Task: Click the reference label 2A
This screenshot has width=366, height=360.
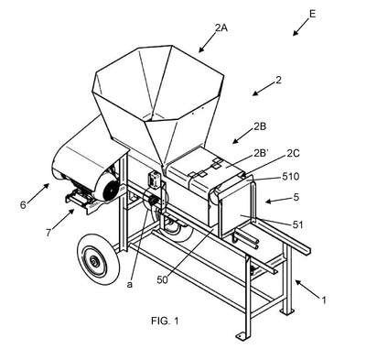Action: pyautogui.click(x=221, y=28)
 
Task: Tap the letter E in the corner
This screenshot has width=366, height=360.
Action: pyautogui.click(x=312, y=14)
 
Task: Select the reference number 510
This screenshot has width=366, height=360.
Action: pyautogui.click(x=291, y=177)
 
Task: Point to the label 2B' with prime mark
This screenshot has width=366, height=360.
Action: pyautogui.click(x=261, y=154)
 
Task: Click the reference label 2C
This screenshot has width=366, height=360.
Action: pyautogui.click(x=293, y=153)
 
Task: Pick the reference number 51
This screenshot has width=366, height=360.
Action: pyautogui.click(x=297, y=225)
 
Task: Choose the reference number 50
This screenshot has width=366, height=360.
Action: pyautogui.click(x=163, y=279)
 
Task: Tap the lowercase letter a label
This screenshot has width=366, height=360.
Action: pyautogui.click(x=130, y=285)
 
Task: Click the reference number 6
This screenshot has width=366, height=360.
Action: pyautogui.click(x=23, y=205)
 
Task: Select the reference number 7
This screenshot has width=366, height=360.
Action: pyautogui.click(x=48, y=233)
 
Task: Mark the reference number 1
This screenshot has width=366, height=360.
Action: pyautogui.click(x=324, y=300)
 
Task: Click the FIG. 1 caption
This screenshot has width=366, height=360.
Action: pyautogui.click(x=165, y=321)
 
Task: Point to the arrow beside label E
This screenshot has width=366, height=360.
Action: pyautogui.click(x=300, y=27)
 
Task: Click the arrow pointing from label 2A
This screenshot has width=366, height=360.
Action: pyautogui.click(x=207, y=42)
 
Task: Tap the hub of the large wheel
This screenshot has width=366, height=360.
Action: pyautogui.click(x=93, y=260)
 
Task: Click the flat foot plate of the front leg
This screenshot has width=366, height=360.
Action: pyautogui.click(x=242, y=335)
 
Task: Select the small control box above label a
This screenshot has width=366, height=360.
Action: pyautogui.click(x=153, y=179)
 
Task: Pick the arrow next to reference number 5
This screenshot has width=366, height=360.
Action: pyautogui.click(x=274, y=201)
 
